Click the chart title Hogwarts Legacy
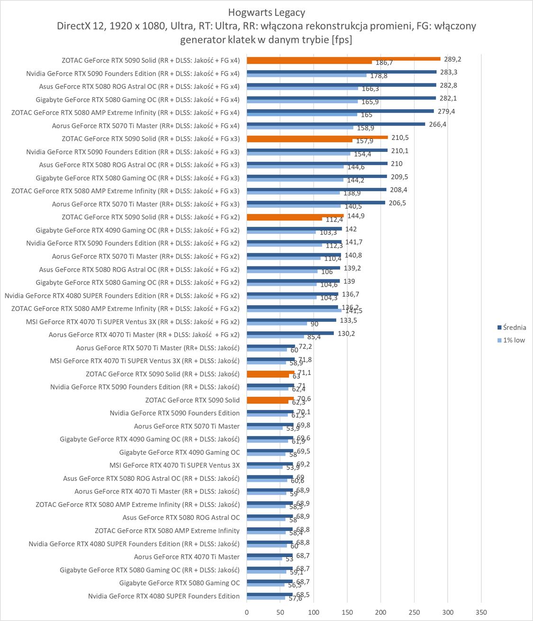click(x=266, y=12)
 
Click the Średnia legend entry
click(x=514, y=328)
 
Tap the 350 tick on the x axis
click(x=481, y=612)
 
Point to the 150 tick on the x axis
click(x=347, y=612)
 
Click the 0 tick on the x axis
click(x=247, y=612)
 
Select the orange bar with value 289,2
click(x=343, y=59)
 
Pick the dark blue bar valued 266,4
click(x=336, y=124)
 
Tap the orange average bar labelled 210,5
click(x=317, y=137)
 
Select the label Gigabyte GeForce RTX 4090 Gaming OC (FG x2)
click(x=137, y=231)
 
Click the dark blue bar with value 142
click(x=294, y=229)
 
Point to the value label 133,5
click(x=348, y=320)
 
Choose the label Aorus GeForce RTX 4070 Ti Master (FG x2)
click(x=144, y=335)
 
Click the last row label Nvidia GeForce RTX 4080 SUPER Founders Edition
click(x=164, y=596)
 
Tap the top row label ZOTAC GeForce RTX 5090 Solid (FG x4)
click(x=151, y=61)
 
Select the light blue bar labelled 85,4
click(x=275, y=337)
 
